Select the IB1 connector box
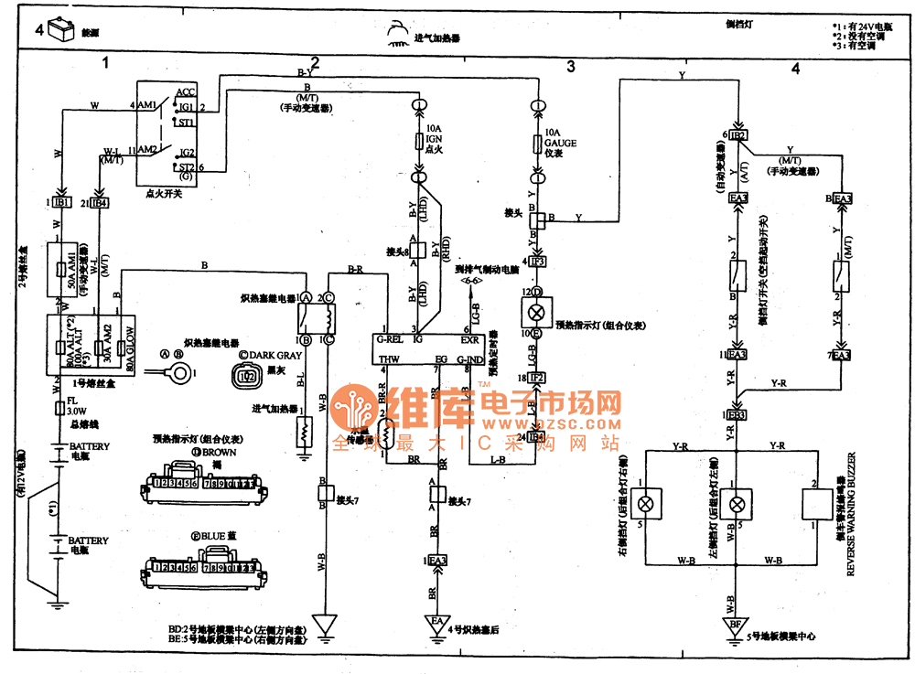(x=61, y=202)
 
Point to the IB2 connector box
(x=738, y=135)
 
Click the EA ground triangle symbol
(x=436, y=626)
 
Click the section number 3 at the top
(x=570, y=66)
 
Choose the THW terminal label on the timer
(x=390, y=360)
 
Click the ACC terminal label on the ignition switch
(x=185, y=92)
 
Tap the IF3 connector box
(x=538, y=262)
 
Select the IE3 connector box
(x=737, y=414)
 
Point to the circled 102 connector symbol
(x=244, y=374)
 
